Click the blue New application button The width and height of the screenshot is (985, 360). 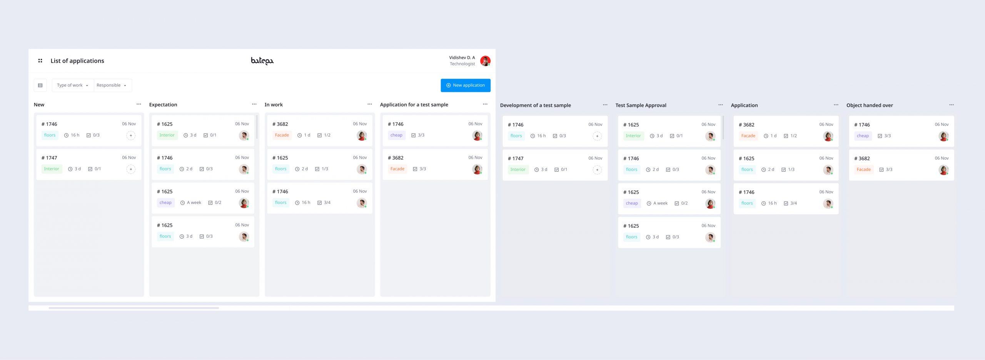coord(465,85)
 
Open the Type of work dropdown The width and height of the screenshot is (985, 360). coord(72,85)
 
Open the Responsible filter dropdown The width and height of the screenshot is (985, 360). coord(111,85)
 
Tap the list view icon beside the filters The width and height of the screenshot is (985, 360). coord(40,85)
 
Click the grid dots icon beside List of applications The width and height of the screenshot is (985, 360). coord(40,61)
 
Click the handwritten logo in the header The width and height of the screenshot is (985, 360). coord(262,61)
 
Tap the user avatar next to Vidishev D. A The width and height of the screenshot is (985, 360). coord(485,61)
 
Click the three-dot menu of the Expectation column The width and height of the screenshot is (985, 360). coord(254,104)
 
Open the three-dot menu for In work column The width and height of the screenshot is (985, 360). coord(370,104)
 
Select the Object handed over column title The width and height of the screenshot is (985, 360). coord(870,105)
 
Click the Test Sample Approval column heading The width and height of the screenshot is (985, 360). coord(641,105)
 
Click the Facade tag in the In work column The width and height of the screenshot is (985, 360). coord(282,135)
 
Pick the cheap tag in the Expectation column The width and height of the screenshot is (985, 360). coord(165,203)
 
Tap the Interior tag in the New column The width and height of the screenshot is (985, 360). coord(52,169)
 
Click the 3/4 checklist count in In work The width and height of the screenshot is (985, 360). coord(327,203)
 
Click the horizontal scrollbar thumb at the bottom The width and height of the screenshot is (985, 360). coord(134,308)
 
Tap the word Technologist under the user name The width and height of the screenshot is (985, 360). coord(462,64)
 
